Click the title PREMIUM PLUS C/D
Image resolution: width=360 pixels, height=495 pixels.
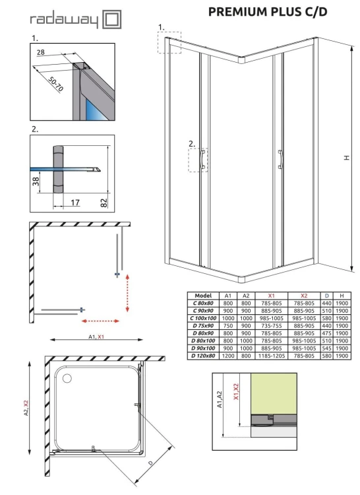tap(268, 11)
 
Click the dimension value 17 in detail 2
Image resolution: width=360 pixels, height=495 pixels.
tap(75, 203)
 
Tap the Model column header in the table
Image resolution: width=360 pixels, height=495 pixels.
tap(203, 296)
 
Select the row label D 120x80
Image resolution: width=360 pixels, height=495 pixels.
tap(203, 356)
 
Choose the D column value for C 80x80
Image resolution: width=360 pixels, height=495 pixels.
tap(326, 304)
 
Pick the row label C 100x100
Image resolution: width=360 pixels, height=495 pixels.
tap(203, 318)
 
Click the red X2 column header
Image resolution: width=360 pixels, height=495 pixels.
tap(304, 296)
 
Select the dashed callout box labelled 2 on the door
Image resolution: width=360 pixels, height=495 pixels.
tap(198, 160)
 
